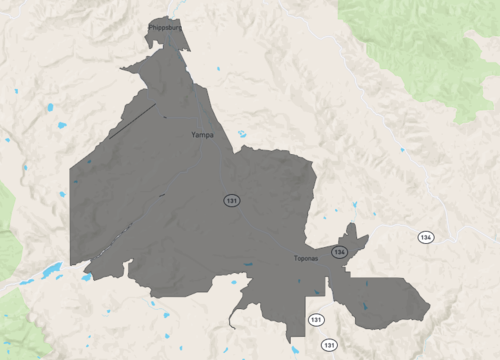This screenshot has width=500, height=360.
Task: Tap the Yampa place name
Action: pyautogui.click(x=202, y=134)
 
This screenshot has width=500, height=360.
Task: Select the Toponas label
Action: pyautogui.click(x=306, y=258)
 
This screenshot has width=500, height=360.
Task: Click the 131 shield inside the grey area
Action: pyautogui.click(x=232, y=201)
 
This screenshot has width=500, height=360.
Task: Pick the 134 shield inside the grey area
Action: pyautogui.click(x=340, y=252)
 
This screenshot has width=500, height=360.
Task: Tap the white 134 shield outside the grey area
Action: pyautogui.click(x=426, y=237)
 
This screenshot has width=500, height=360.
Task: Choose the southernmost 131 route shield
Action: pyautogui.click(x=328, y=344)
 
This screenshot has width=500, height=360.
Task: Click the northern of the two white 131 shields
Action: pyautogui.click(x=316, y=319)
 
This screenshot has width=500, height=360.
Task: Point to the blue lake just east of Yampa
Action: pyautogui.click(x=242, y=134)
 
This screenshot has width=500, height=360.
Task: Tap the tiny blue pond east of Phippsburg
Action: pyautogui.click(x=218, y=68)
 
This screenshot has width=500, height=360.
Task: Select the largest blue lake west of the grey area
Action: pyautogui.click(x=50, y=269)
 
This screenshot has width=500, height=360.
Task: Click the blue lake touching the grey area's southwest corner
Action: pyautogui.click(x=86, y=277)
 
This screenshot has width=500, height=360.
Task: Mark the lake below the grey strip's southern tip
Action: pyautogui.click(x=294, y=350)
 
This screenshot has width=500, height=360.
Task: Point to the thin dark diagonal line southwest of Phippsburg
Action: pyautogui.click(x=133, y=119)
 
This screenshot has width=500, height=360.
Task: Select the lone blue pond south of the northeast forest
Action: pyautogui.click(x=402, y=150)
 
